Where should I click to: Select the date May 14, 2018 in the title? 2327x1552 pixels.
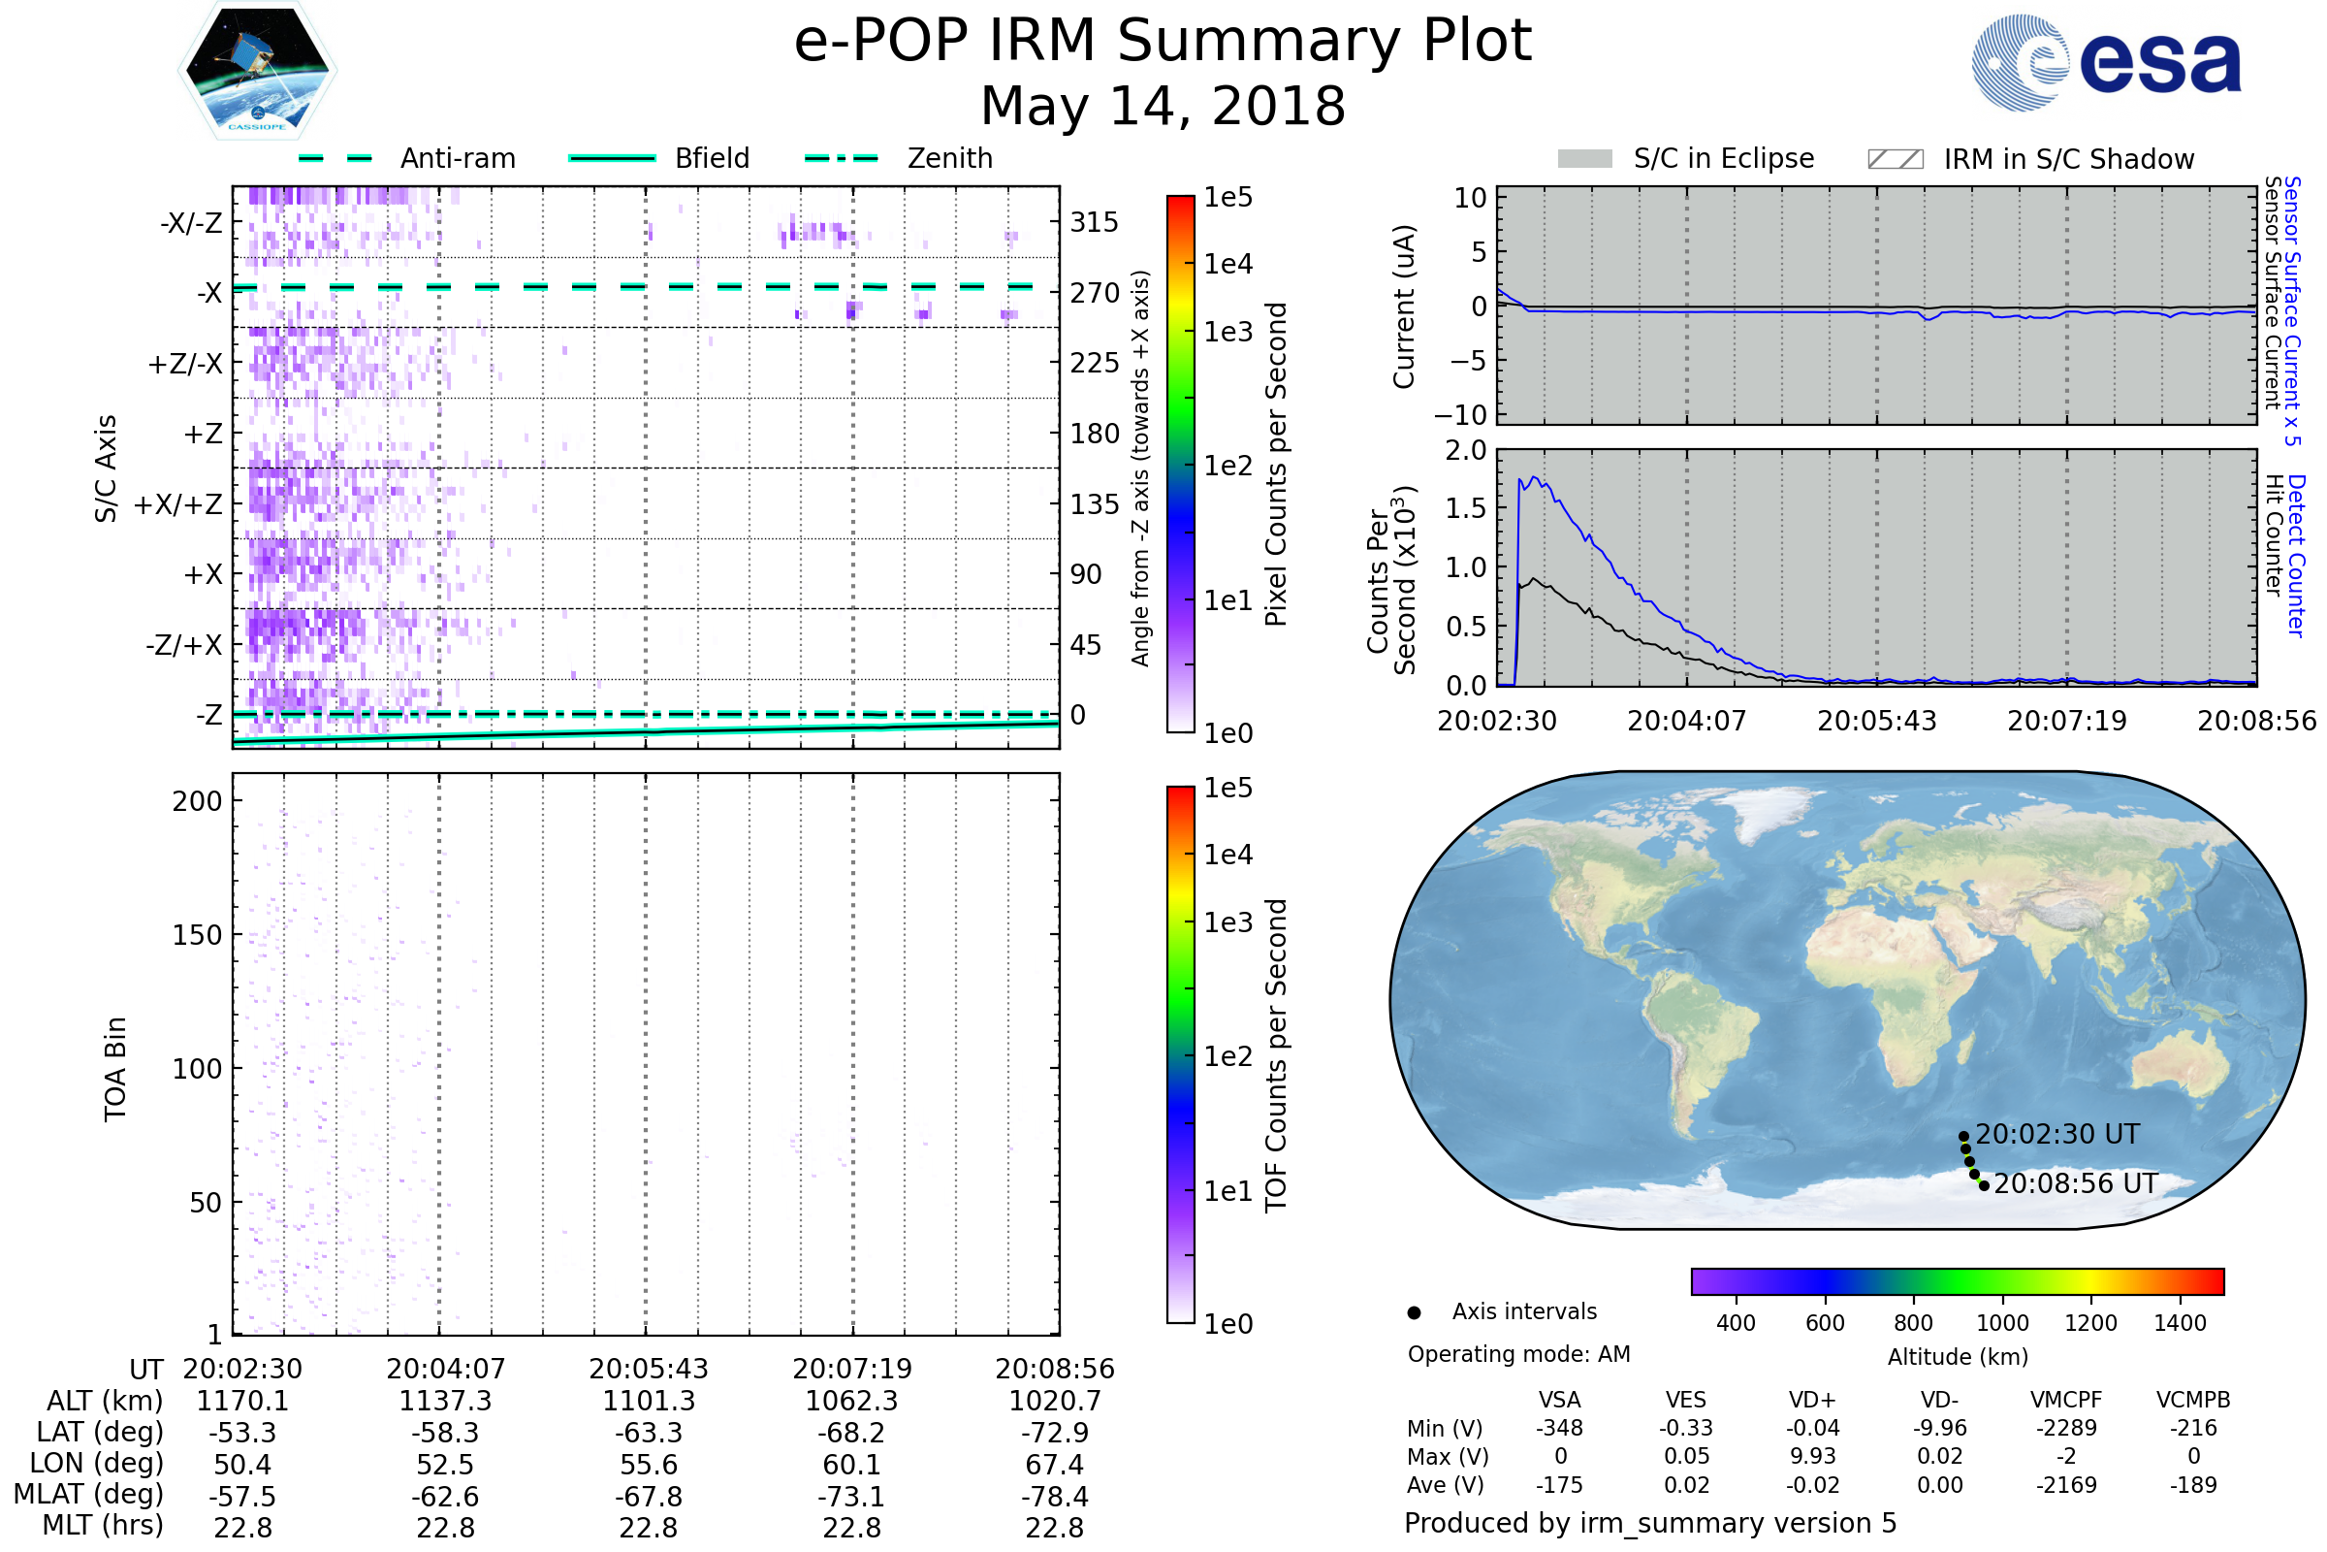tap(1163, 106)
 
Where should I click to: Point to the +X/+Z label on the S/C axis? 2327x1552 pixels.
tap(178, 504)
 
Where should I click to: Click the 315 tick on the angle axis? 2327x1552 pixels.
tap(1094, 222)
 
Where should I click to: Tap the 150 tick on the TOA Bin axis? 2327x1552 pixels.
tap(197, 935)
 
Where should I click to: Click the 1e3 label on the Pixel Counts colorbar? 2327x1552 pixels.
tap(1227, 332)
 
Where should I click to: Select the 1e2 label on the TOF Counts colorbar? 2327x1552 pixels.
tap(1227, 1057)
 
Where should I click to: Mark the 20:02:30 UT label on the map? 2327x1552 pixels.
tap(2056, 1134)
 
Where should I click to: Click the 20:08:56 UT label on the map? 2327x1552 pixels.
tap(2075, 1183)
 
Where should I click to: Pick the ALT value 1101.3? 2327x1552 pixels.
tap(648, 1402)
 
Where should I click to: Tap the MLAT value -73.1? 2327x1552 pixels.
tap(851, 1497)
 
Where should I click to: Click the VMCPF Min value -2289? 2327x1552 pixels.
tap(2066, 1428)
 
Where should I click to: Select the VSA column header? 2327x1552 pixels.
tap(1559, 1400)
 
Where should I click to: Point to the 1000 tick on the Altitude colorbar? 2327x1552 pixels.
tap(2001, 1323)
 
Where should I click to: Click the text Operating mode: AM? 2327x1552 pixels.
tap(1518, 1354)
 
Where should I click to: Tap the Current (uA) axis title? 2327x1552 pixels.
tap(1404, 307)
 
